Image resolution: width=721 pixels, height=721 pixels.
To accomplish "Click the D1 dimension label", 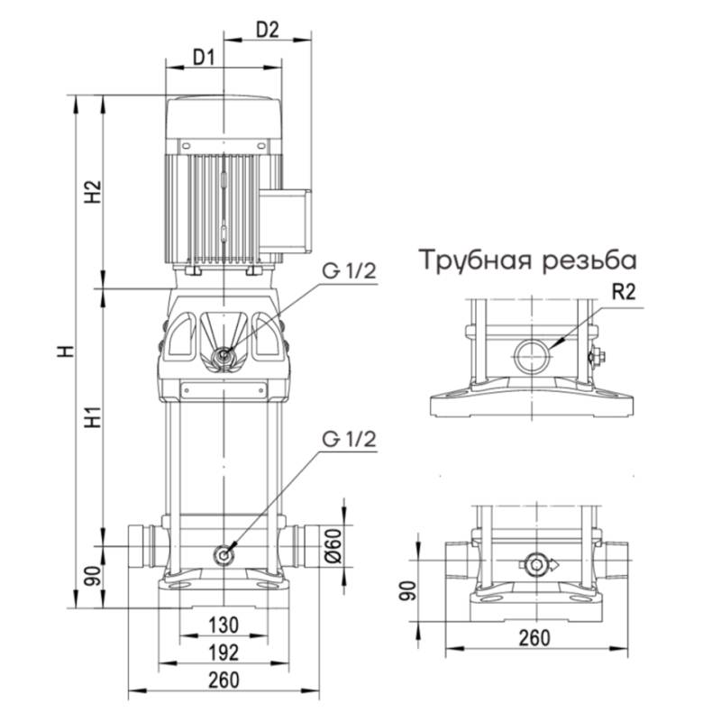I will [x=203, y=59].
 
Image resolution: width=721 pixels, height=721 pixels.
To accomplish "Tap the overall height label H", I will [x=65, y=351].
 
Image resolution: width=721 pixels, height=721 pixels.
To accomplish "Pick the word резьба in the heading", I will [x=589, y=260].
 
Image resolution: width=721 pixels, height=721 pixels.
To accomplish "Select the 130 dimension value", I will [x=223, y=625].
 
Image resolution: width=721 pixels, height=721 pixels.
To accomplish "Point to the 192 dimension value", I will [x=223, y=652].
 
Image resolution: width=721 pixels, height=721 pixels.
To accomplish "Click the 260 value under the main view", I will [x=223, y=680].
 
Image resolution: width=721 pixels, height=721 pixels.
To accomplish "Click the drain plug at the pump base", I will [x=223, y=555].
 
